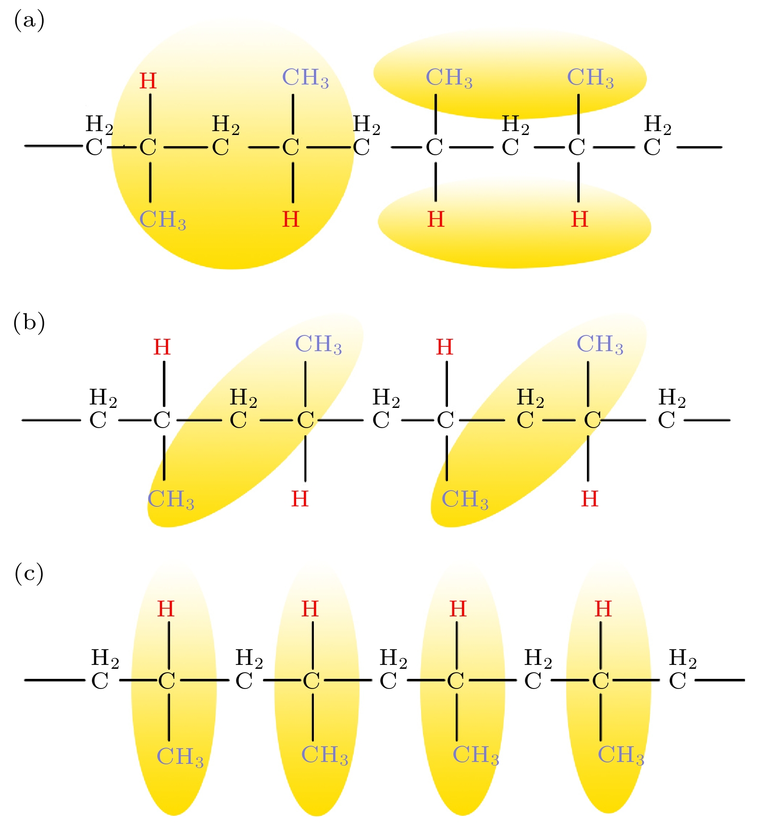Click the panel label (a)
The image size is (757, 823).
click(x=29, y=21)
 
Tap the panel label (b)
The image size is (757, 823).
click(x=29, y=322)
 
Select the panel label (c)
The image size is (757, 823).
click(x=29, y=573)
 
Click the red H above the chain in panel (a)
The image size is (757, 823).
click(x=148, y=81)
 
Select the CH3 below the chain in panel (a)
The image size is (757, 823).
click(x=162, y=220)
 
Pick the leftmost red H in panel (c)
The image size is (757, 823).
click(x=166, y=609)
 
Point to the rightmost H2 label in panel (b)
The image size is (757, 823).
click(x=672, y=398)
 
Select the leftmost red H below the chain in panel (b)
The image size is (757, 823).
click(x=300, y=499)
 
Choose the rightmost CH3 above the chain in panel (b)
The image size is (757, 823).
click(x=600, y=344)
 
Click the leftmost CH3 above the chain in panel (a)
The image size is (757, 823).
click(x=305, y=77)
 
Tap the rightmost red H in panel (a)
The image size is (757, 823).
click(x=580, y=220)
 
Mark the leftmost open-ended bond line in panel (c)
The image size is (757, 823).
click(x=54, y=680)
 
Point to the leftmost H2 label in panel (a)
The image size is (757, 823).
click(x=99, y=124)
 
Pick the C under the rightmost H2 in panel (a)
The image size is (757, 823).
click(x=652, y=147)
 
